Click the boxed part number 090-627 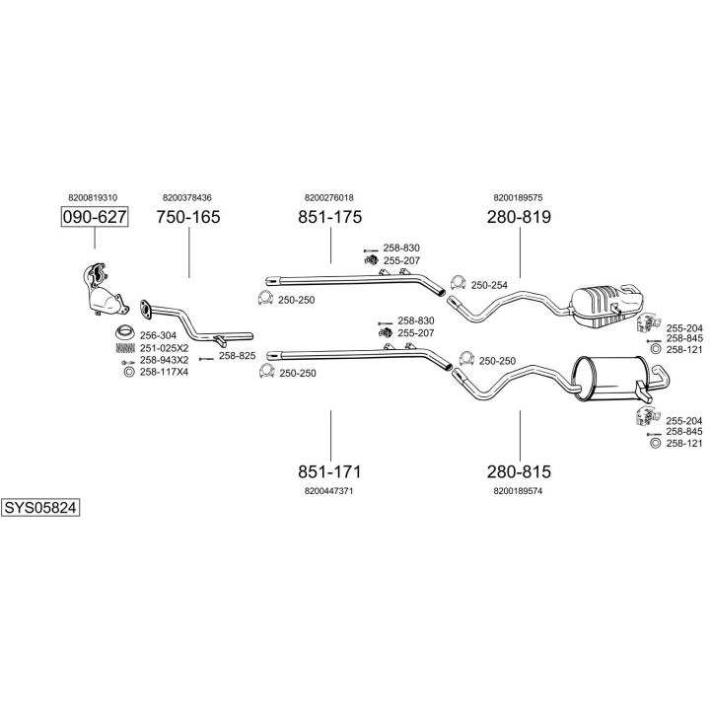pyautogui.click(x=96, y=217)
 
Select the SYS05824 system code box pyautogui.click(x=40, y=508)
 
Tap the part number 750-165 pyautogui.click(x=188, y=217)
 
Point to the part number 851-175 pyautogui.click(x=329, y=217)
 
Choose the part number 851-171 pyautogui.click(x=329, y=471)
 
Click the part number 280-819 pyautogui.click(x=519, y=217)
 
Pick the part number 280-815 pyautogui.click(x=519, y=471)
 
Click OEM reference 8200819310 pyautogui.click(x=93, y=197)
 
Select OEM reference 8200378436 pyautogui.click(x=187, y=197)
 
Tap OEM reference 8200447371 pyautogui.click(x=329, y=490)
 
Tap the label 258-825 pyautogui.click(x=237, y=356)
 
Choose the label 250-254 pyautogui.click(x=489, y=285)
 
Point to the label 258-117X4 pyautogui.click(x=165, y=372)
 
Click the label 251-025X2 pyautogui.click(x=165, y=346)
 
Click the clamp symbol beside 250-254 pyautogui.click(x=458, y=283)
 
